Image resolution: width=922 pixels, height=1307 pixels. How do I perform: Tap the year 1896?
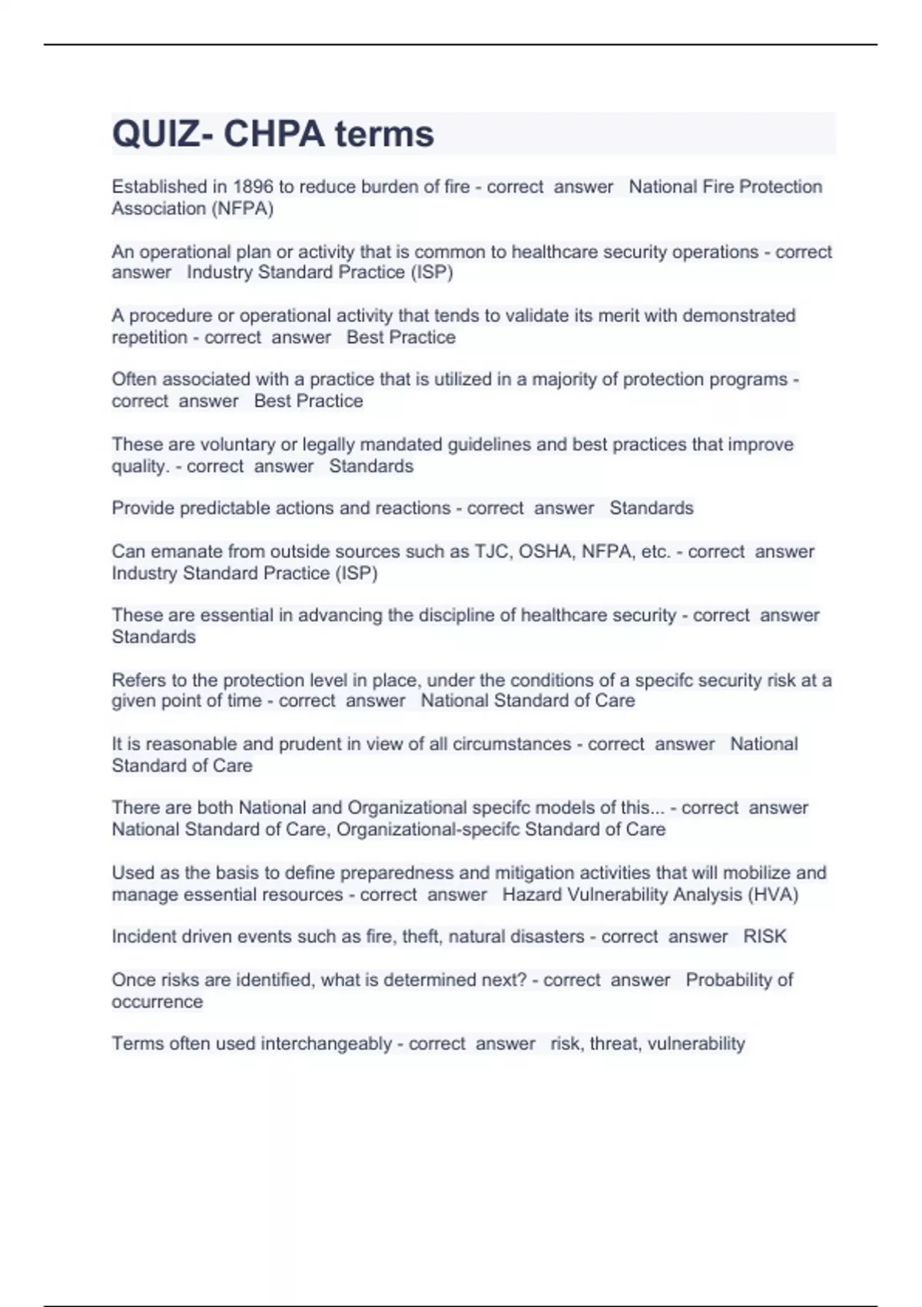coord(253,187)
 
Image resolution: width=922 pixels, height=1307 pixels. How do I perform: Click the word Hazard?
coord(531,895)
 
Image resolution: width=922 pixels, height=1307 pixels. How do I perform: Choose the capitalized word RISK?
coord(764,936)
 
